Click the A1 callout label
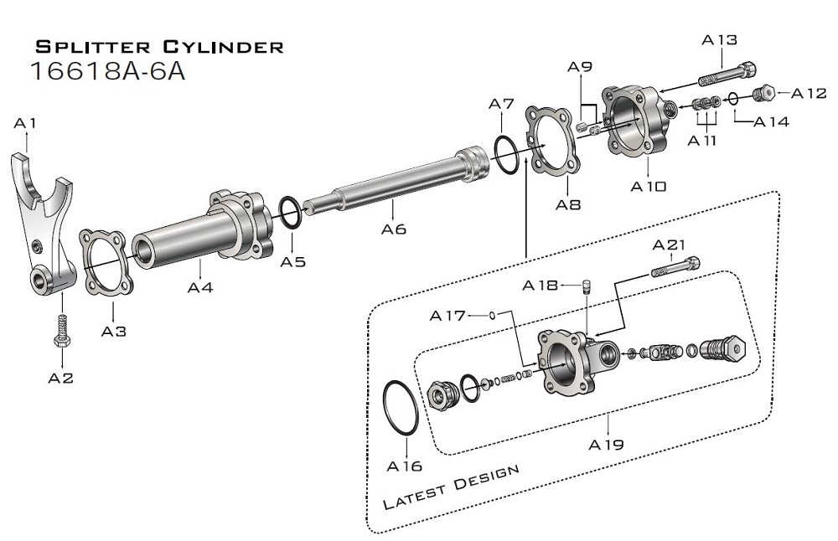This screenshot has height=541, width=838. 26,124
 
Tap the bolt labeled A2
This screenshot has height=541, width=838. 60,331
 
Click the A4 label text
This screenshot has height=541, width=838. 200,287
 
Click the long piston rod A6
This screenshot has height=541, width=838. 505,155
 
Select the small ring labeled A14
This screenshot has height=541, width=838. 733,98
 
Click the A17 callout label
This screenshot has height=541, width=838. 447,316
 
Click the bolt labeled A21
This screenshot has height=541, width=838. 675,267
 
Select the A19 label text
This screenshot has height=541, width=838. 606,445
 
